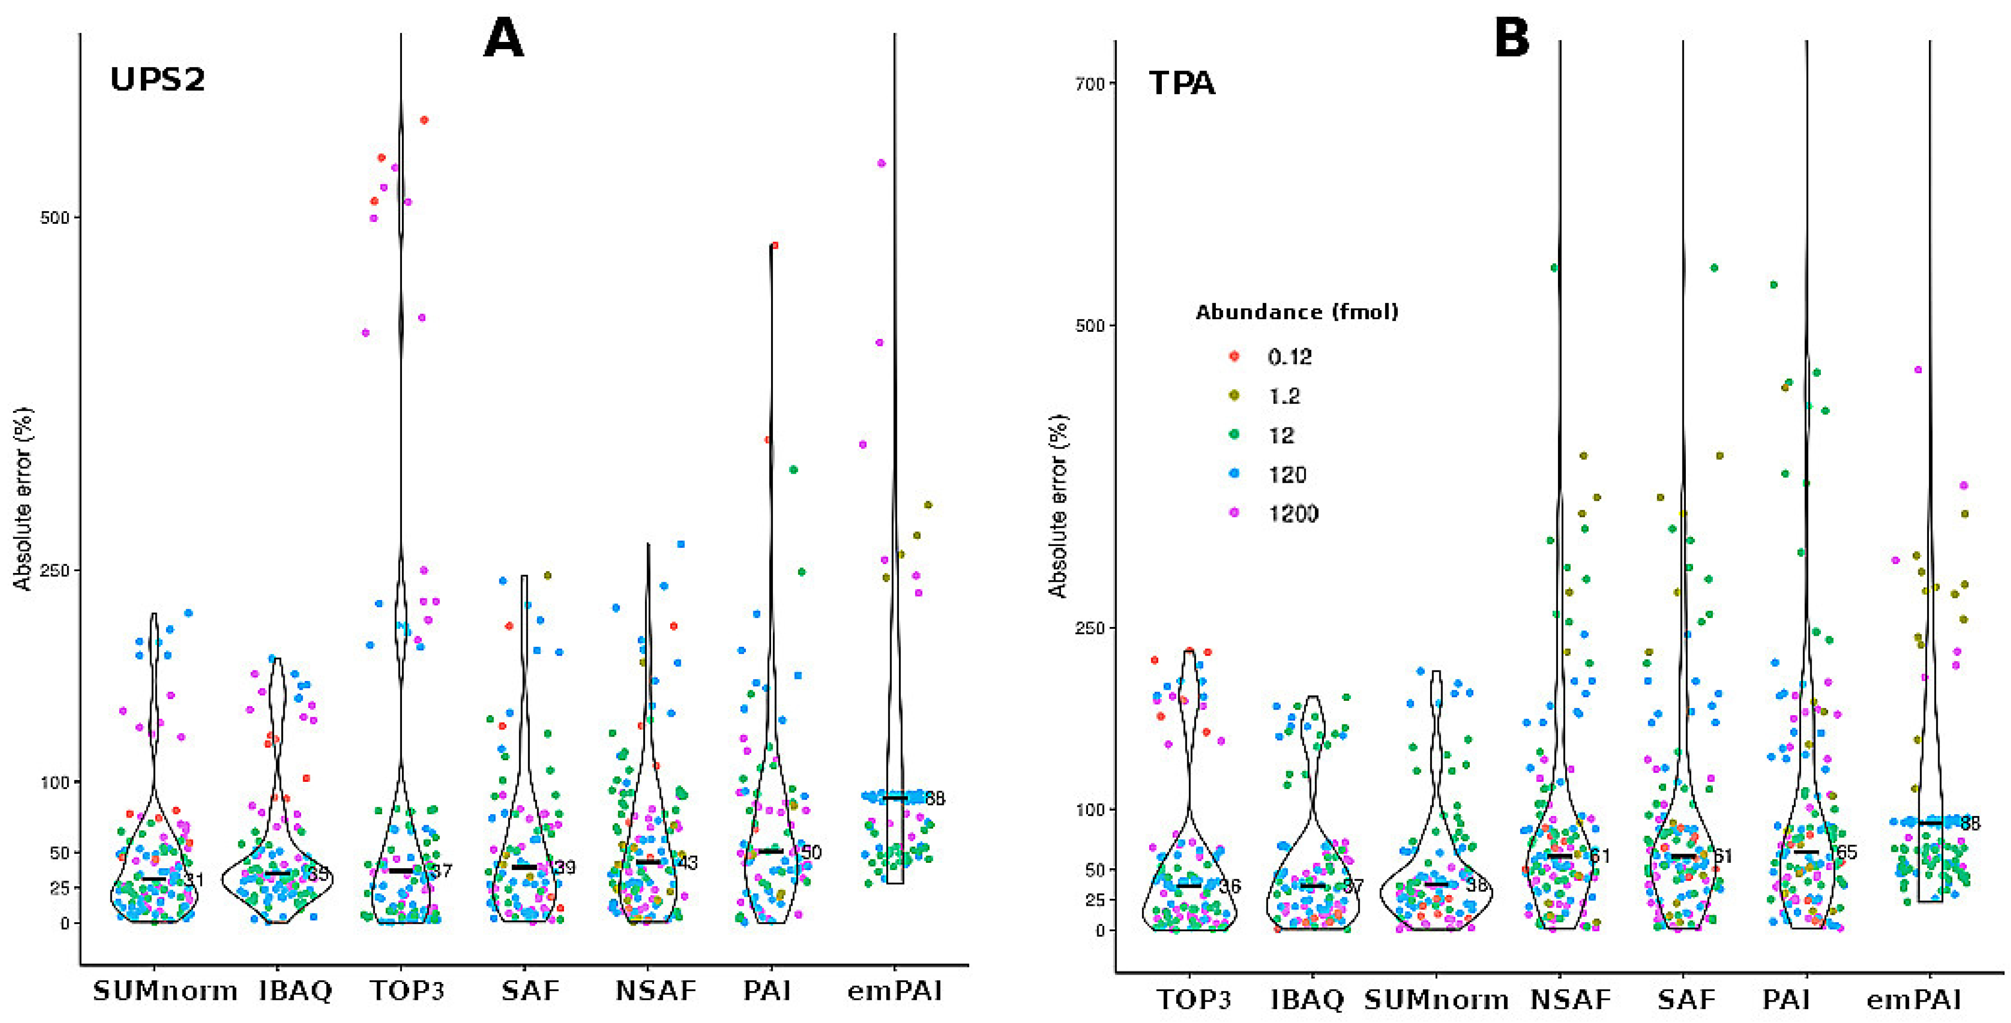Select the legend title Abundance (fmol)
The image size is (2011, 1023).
click(x=1297, y=312)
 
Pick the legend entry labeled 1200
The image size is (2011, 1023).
click(x=1292, y=514)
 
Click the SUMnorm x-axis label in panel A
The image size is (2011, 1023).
click(x=165, y=991)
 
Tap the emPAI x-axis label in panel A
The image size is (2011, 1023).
click(x=895, y=991)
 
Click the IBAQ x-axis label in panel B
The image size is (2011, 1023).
click(x=1308, y=999)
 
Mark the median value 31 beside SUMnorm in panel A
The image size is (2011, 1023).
click(x=193, y=880)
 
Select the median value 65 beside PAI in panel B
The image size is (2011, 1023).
click(x=1846, y=852)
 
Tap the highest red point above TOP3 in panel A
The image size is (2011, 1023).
click(x=424, y=120)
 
